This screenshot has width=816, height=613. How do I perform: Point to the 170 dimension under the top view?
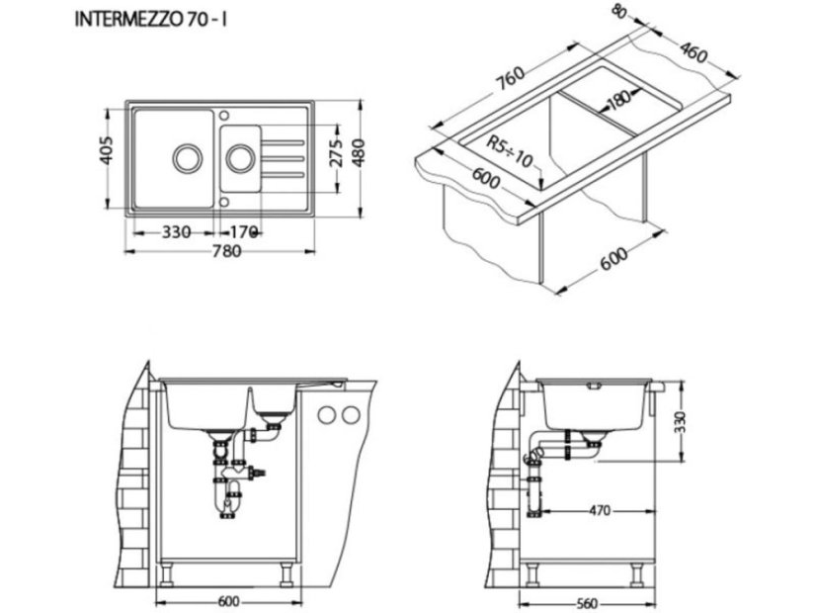coord(243,232)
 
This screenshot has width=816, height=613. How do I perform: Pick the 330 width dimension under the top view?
coord(175,232)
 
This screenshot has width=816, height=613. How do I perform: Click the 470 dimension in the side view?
coord(595,511)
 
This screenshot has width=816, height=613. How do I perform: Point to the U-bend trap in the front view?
coord(228,505)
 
